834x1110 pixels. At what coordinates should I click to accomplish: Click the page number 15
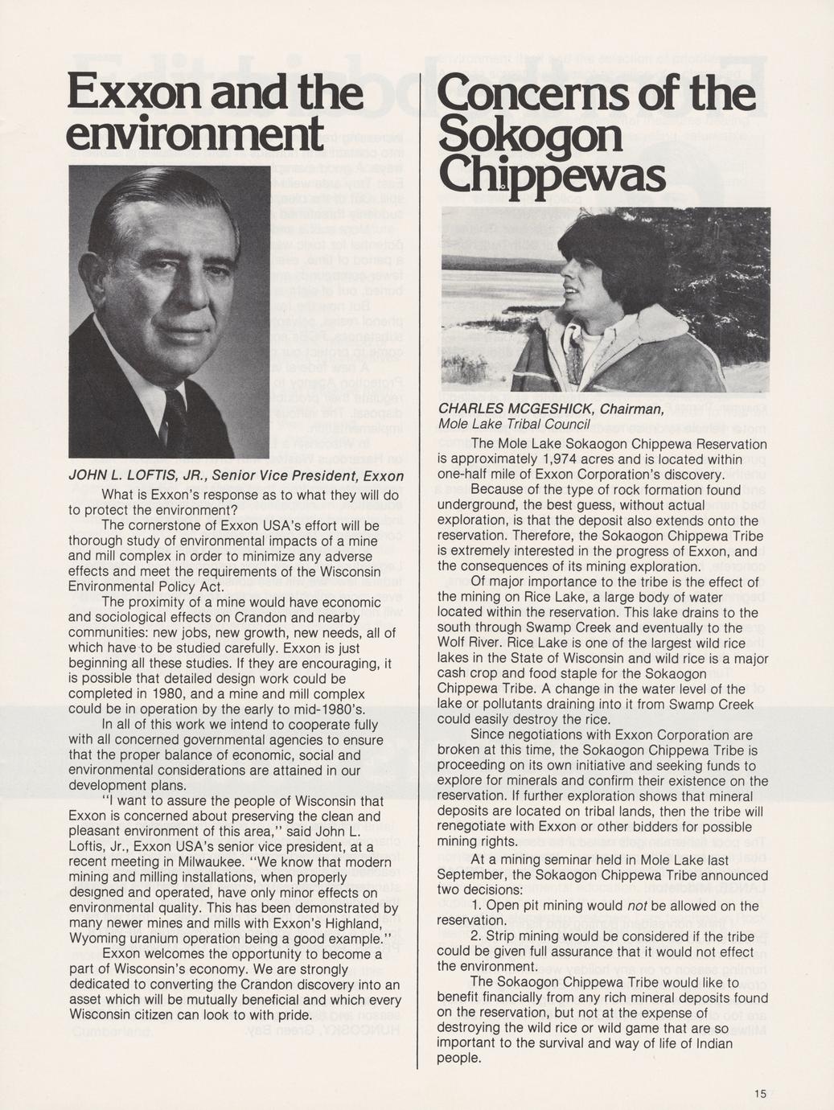(761, 1093)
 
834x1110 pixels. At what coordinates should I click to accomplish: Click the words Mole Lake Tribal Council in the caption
(514, 425)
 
